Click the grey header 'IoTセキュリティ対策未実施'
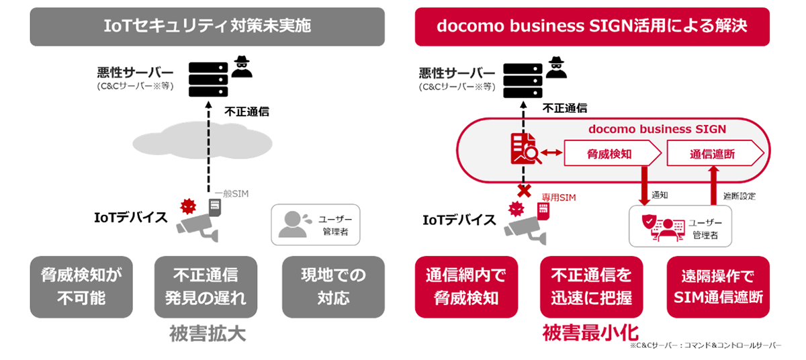[x=207, y=26]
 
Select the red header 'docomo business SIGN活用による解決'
[x=592, y=26]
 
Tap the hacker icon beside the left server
[x=242, y=67]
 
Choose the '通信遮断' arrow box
[x=713, y=154]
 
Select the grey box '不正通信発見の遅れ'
[x=206, y=287]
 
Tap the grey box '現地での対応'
[x=333, y=287]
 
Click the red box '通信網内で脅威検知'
[x=466, y=287]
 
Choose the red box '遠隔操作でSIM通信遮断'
[x=718, y=287]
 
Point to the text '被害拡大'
[x=208, y=334]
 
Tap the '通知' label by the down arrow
[x=660, y=195]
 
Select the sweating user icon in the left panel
[x=292, y=224]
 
